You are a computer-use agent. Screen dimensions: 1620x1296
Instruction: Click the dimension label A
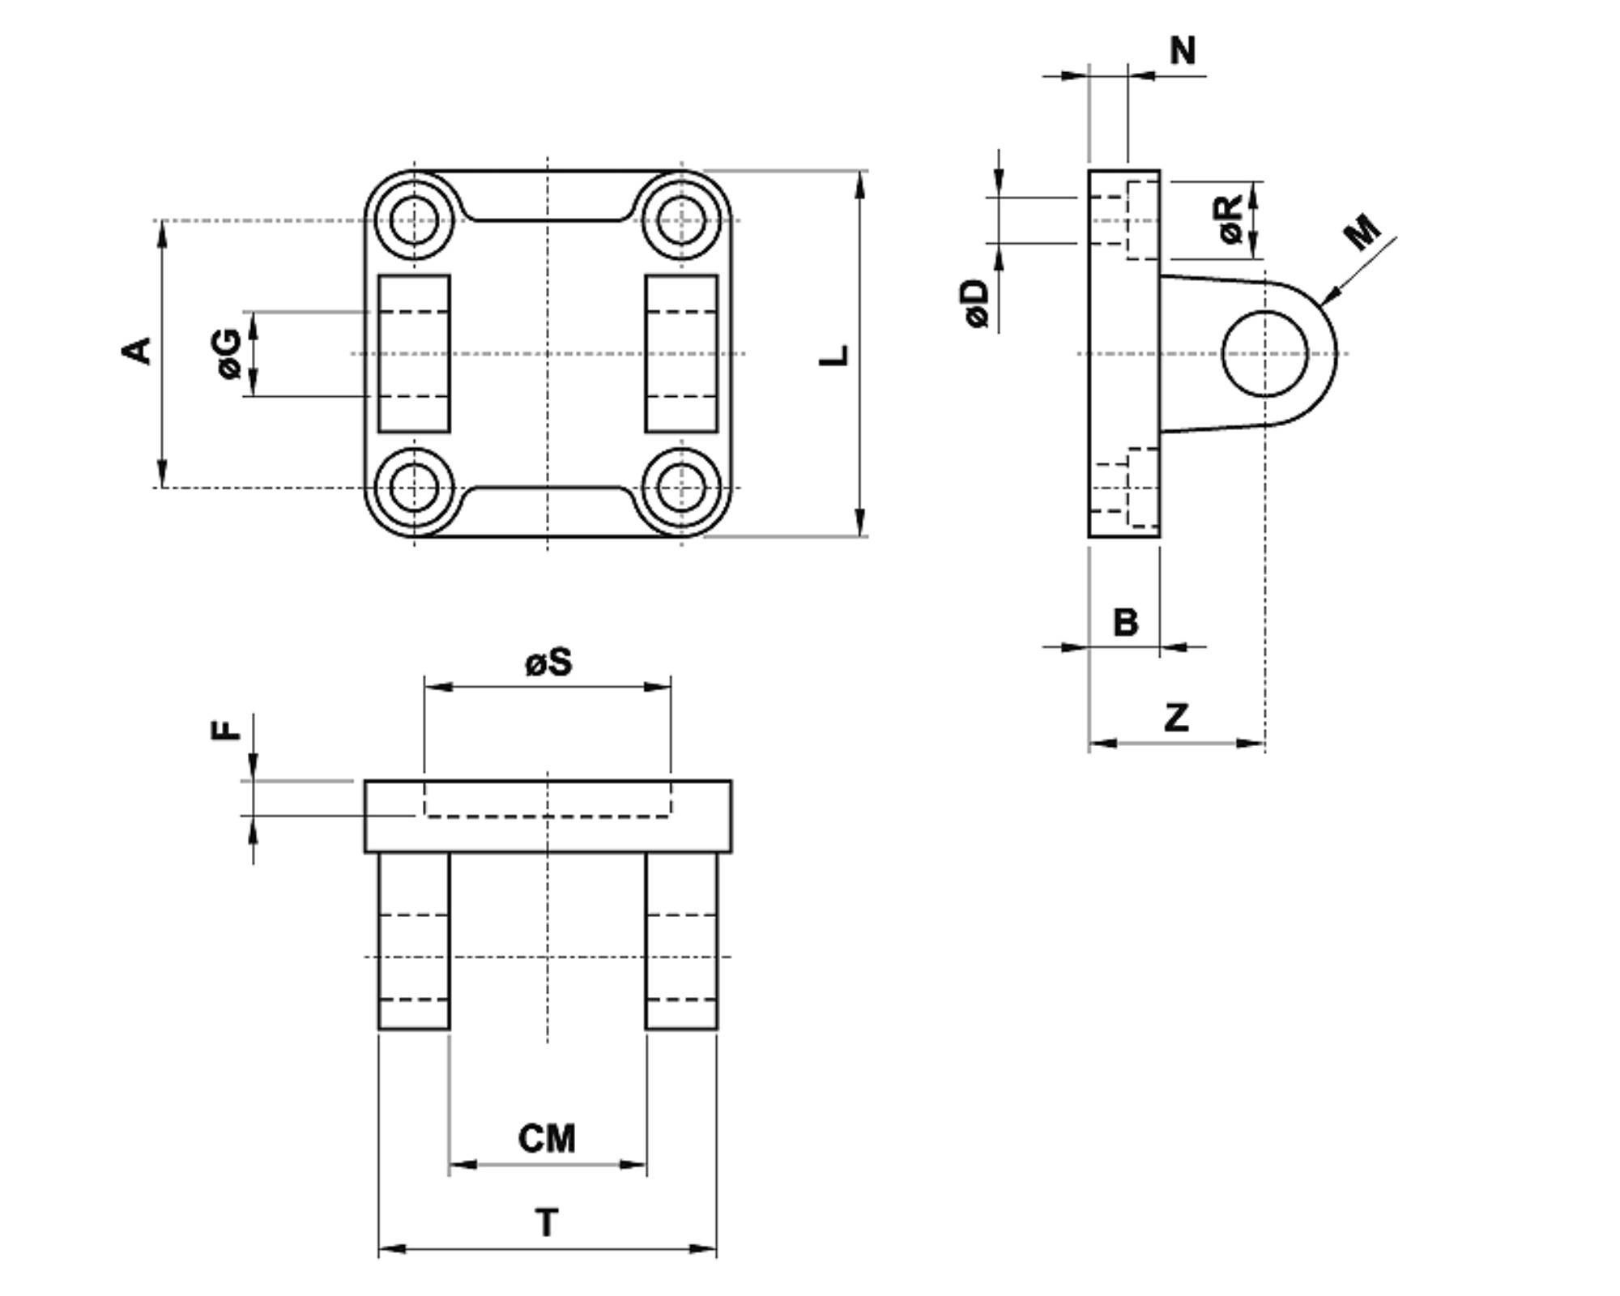click(x=136, y=351)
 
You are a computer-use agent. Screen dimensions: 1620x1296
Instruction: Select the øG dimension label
click(x=229, y=353)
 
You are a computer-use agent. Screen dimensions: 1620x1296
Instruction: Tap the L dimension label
click(x=834, y=355)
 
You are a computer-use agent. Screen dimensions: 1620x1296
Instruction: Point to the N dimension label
click(x=1183, y=51)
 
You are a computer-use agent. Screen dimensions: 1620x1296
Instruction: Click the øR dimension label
click(x=1229, y=219)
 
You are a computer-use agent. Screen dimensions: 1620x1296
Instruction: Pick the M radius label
click(x=1362, y=231)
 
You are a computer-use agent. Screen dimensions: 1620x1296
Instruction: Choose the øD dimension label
click(x=978, y=304)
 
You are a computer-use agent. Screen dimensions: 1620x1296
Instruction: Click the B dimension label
click(x=1125, y=622)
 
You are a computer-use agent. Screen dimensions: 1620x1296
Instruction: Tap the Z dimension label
click(x=1176, y=717)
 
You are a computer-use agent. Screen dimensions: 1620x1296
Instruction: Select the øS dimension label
click(x=548, y=663)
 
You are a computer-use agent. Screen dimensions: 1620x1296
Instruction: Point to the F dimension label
click(x=226, y=730)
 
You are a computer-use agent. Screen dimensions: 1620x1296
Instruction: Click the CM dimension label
click(x=548, y=1138)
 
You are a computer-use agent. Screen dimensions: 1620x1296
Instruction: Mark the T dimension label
click(x=548, y=1222)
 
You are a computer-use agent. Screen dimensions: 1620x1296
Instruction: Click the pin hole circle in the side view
click(x=1223, y=354)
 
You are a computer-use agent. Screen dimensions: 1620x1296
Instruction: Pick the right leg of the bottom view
click(x=681, y=940)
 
